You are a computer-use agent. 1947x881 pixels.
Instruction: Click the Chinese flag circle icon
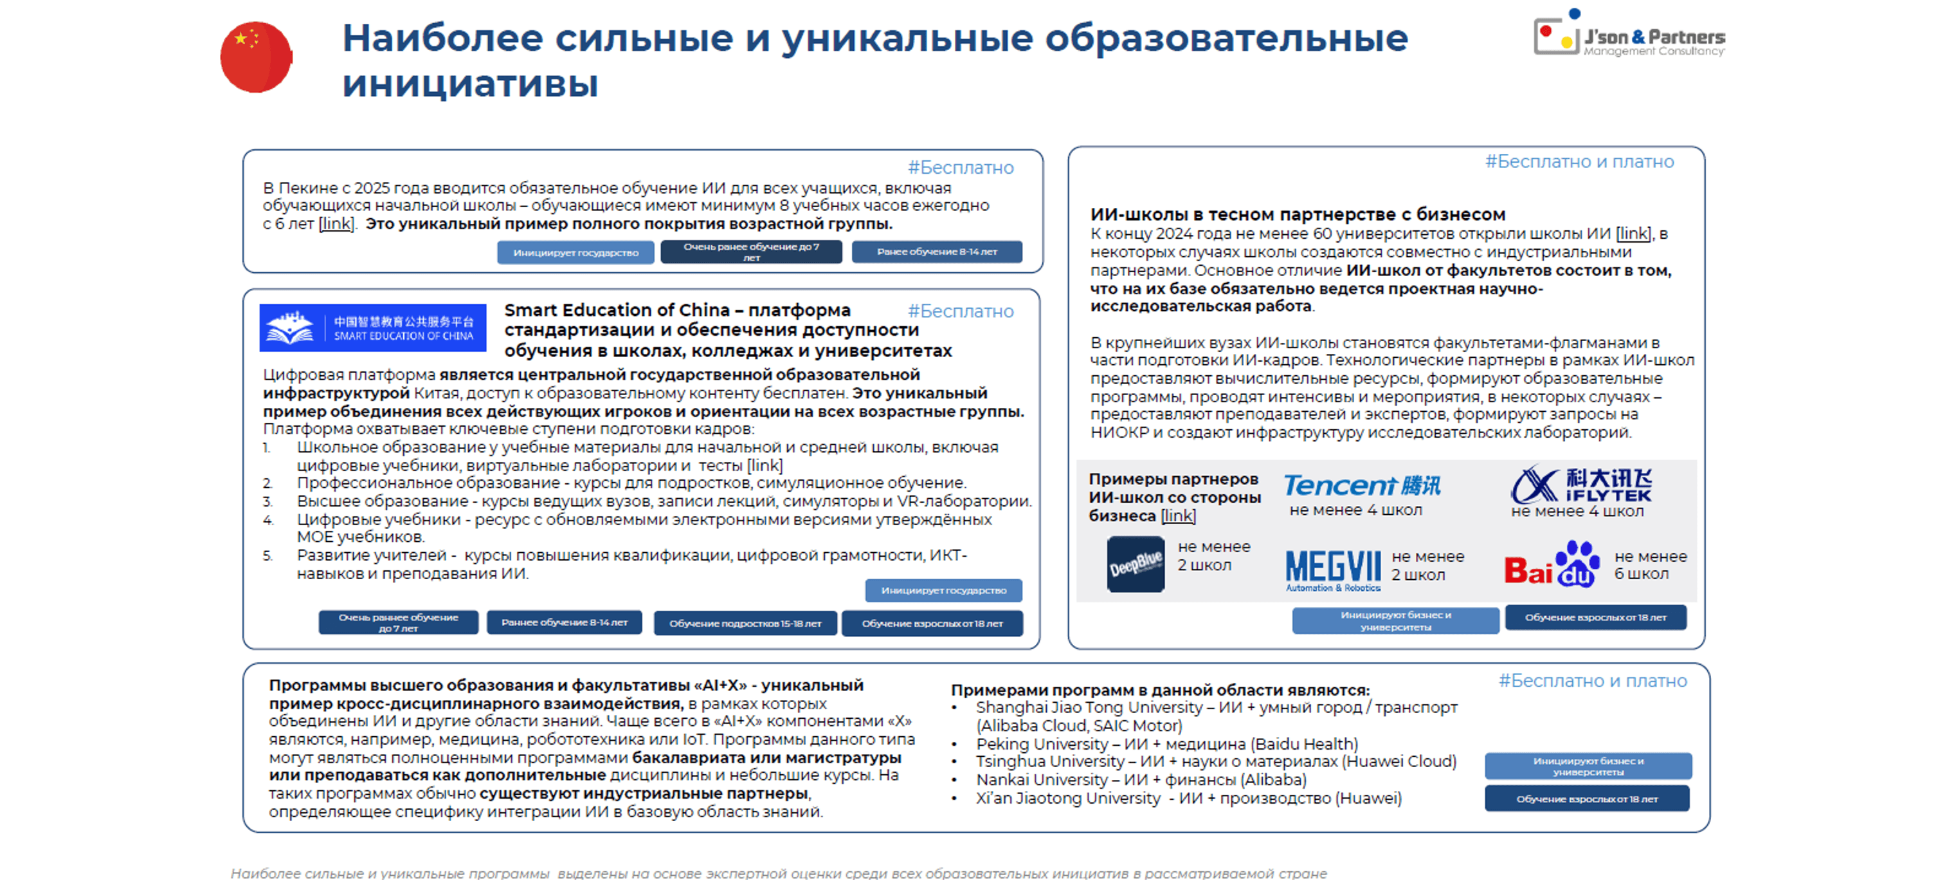click(255, 57)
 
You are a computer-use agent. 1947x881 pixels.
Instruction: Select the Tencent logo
click(1361, 485)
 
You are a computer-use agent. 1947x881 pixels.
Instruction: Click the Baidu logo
click(1551, 565)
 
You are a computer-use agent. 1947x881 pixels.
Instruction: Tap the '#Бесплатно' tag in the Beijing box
click(960, 168)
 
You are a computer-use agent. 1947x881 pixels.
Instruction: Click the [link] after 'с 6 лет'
click(336, 224)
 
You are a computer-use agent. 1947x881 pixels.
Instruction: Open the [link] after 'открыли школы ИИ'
click(1633, 234)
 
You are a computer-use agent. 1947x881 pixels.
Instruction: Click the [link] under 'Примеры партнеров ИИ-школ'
click(1177, 515)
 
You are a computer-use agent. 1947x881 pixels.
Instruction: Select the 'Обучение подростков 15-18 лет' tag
click(745, 623)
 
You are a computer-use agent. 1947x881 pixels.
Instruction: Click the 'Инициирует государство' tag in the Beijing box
click(575, 252)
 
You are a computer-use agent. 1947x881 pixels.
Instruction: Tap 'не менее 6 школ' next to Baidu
click(1649, 565)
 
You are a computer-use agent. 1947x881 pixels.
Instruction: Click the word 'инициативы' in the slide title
click(470, 83)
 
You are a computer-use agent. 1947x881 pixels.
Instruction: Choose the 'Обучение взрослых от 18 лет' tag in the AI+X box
click(1586, 799)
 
